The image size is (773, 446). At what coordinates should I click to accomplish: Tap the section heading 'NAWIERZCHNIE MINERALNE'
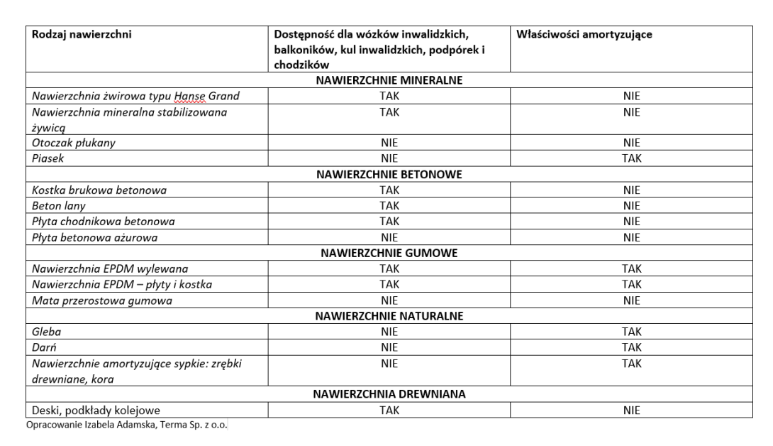coord(389,80)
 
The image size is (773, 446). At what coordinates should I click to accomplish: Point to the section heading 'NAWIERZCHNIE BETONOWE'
coord(389,174)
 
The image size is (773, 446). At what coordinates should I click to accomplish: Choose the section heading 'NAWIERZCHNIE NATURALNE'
coord(389,315)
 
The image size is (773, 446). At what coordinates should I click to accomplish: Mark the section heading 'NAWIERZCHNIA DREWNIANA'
coord(389,395)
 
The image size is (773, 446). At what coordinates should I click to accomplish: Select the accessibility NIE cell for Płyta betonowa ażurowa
coord(389,237)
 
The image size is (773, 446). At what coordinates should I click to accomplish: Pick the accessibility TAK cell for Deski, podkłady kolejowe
coord(389,410)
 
